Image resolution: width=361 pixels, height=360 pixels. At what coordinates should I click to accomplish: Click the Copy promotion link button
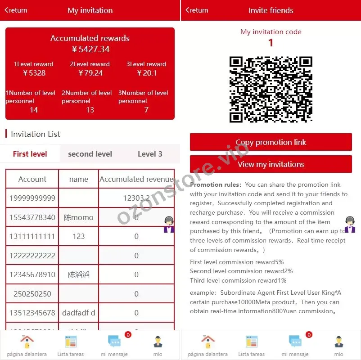click(x=271, y=142)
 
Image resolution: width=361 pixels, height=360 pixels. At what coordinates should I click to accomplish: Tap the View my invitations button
click(x=271, y=164)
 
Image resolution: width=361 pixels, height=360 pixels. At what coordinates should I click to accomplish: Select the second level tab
click(x=90, y=154)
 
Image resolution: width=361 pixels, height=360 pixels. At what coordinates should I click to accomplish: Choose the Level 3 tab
click(x=150, y=154)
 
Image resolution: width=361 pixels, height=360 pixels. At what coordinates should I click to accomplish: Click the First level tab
click(x=30, y=154)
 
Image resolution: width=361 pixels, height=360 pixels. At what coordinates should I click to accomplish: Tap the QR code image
click(x=271, y=89)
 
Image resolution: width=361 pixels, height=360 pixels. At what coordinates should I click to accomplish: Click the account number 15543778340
click(x=32, y=217)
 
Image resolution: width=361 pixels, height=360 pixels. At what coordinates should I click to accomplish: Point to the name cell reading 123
click(x=78, y=236)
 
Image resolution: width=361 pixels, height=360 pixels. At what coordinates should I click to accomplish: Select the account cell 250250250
click(x=32, y=294)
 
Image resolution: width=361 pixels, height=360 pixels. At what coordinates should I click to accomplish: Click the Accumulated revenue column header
click(x=136, y=179)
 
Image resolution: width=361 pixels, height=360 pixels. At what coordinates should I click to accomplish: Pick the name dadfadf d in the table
click(x=78, y=313)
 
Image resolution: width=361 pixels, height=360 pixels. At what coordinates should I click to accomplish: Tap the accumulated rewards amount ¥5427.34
click(x=90, y=49)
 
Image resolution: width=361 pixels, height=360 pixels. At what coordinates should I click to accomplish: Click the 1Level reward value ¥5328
click(x=34, y=73)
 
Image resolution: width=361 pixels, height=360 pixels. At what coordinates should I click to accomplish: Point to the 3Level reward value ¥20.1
click(x=146, y=73)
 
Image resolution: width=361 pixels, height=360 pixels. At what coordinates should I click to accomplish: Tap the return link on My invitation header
click(x=16, y=10)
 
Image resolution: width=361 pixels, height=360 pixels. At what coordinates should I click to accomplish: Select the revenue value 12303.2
click(x=136, y=198)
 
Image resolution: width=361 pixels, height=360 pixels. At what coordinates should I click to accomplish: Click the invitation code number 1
click(x=271, y=43)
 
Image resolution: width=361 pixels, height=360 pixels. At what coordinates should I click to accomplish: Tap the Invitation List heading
click(x=35, y=134)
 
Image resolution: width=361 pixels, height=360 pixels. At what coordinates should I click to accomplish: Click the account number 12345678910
click(x=32, y=274)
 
